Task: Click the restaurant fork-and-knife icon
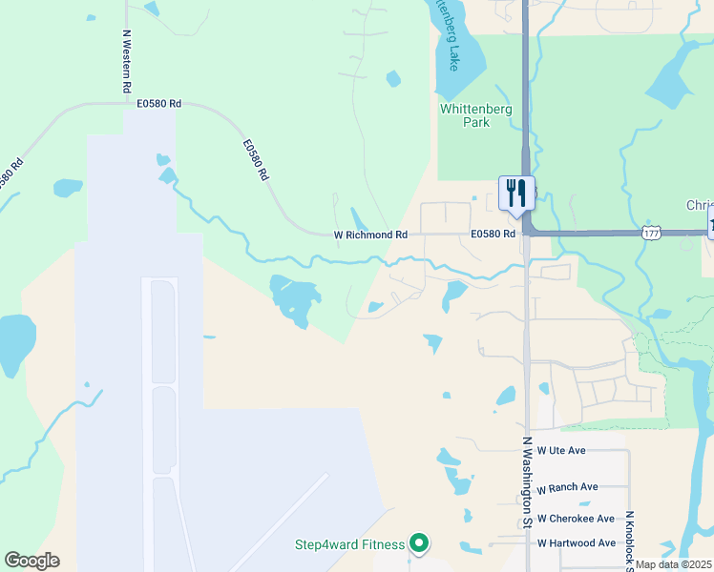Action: tap(516, 194)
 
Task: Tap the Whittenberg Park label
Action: tap(475, 115)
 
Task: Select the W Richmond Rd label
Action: tap(370, 235)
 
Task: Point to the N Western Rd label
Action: tap(126, 60)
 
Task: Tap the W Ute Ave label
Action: tap(561, 450)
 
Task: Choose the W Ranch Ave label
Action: tap(567, 487)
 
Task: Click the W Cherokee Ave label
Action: tap(576, 519)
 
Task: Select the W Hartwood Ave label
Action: tap(577, 543)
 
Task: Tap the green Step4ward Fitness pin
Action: tap(418, 543)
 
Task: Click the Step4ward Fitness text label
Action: tap(348, 546)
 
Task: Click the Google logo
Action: tap(31, 561)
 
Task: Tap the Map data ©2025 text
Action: tap(673, 564)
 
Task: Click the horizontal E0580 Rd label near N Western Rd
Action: tap(158, 103)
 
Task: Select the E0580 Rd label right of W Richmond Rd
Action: tap(493, 235)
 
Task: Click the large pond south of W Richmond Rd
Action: tap(293, 297)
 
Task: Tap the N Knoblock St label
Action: tap(630, 539)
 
